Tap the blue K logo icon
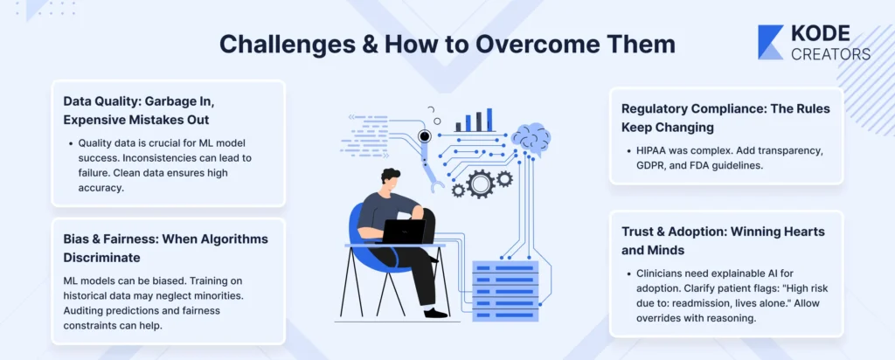(x=771, y=42)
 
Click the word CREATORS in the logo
(x=830, y=54)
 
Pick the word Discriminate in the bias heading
(x=101, y=258)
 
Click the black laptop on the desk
(x=403, y=232)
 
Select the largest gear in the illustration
(x=480, y=183)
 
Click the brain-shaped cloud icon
(x=531, y=139)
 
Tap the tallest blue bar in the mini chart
(x=489, y=120)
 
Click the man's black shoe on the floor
(x=435, y=313)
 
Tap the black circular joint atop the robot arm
(x=424, y=135)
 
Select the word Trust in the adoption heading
(x=636, y=232)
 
